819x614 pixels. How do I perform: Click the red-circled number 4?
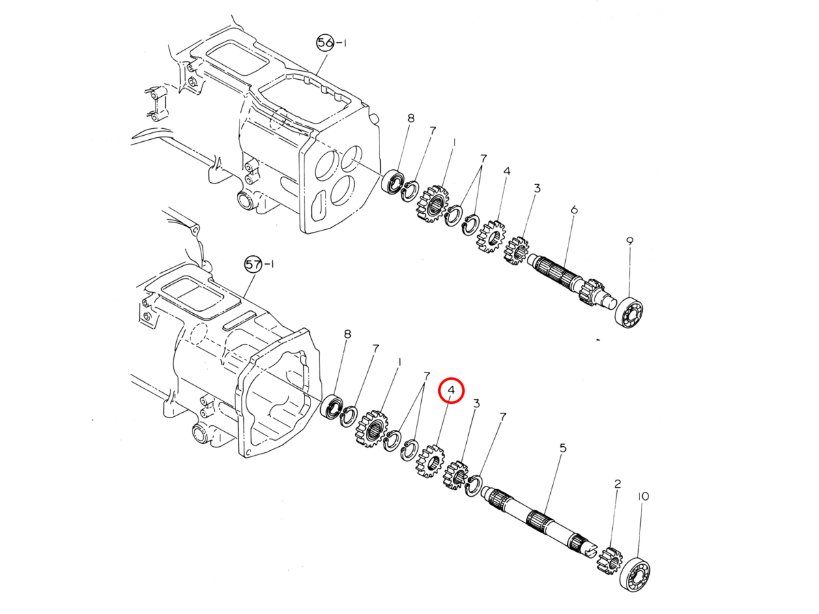point(451,390)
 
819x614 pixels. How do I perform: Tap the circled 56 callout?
point(325,43)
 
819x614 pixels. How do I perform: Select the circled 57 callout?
point(253,264)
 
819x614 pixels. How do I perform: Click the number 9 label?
point(629,241)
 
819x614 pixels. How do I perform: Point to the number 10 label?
point(643,496)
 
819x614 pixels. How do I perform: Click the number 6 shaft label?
point(574,209)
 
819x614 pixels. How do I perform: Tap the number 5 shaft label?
point(562,448)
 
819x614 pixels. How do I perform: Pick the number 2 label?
point(618,484)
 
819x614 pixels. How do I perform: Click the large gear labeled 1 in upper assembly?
point(432,204)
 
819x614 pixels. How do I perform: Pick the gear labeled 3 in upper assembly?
point(517,250)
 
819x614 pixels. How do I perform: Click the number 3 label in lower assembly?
point(476,404)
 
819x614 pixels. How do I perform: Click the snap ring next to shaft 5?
point(474,486)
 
